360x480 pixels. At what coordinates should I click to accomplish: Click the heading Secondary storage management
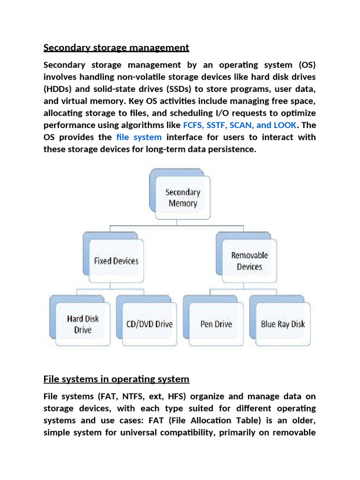(x=116, y=47)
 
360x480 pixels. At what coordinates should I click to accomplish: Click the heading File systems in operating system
(x=116, y=379)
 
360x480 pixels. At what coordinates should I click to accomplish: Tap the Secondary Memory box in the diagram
(x=182, y=198)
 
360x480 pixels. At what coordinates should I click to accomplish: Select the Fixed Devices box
(x=116, y=261)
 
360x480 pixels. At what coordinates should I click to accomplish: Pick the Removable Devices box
(x=249, y=261)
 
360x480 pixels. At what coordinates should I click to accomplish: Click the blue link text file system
(x=139, y=137)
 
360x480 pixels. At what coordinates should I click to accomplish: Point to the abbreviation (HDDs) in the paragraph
(x=59, y=89)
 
